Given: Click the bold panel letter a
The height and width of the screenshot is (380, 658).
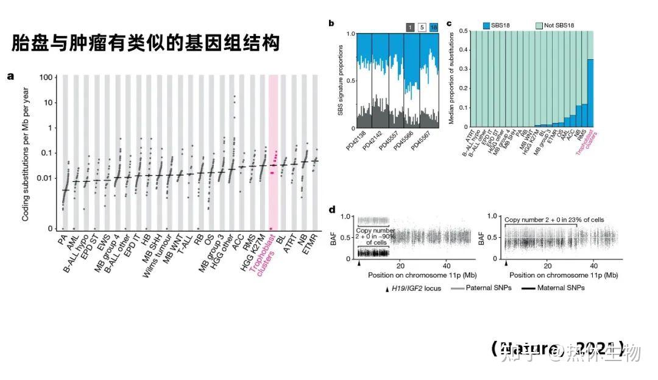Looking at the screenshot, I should [x=10, y=76].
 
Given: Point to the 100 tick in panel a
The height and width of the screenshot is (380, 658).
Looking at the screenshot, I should [x=44, y=77].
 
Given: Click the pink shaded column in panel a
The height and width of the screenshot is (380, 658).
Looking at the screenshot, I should [x=274, y=152].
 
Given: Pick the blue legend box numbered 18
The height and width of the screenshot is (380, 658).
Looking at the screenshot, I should [x=433, y=26].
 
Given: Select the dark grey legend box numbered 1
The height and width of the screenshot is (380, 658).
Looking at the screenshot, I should [x=411, y=26].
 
